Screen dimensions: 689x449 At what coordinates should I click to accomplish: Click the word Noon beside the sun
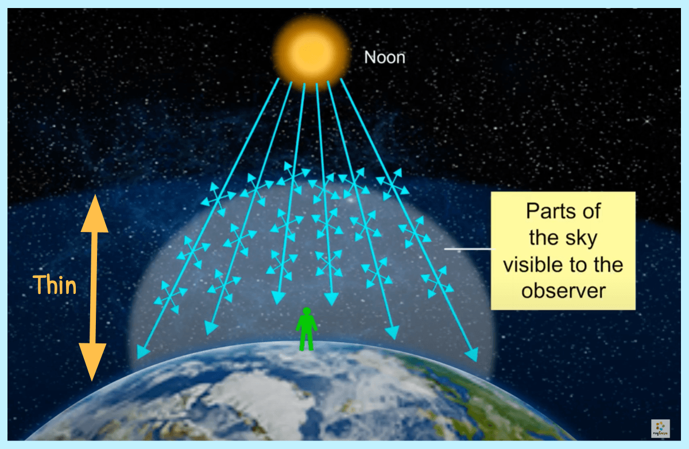pos(385,57)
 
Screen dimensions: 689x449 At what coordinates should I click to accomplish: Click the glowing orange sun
pos(311,53)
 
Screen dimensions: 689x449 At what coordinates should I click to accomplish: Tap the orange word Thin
pos(55,285)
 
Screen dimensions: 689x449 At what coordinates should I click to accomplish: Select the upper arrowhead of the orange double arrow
pos(94,214)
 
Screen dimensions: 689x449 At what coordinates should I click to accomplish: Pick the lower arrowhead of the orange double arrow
pos(92,362)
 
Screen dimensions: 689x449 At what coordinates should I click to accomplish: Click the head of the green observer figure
pos(307,311)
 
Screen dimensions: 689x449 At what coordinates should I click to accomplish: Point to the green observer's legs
pos(307,340)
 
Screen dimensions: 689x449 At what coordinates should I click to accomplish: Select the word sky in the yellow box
pos(581,239)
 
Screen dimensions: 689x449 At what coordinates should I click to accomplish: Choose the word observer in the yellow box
pos(563,291)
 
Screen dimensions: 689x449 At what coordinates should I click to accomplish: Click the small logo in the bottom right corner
pos(660,428)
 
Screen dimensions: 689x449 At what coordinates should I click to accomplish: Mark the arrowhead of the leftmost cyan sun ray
pos(142,352)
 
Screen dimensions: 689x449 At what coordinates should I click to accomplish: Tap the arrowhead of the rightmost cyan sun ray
pos(472,354)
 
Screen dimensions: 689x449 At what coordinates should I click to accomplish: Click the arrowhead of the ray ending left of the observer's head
pos(278,297)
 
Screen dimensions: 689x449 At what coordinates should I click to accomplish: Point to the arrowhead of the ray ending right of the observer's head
pos(332,299)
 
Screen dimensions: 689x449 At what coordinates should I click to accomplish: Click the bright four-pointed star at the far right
pos(647,121)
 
